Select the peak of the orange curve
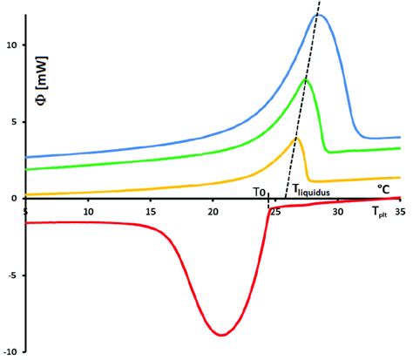click(x=296, y=138)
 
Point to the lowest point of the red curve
click(x=223, y=335)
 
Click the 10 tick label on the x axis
click(x=88, y=211)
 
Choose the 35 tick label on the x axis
click(x=400, y=211)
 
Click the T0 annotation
click(x=259, y=191)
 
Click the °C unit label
click(x=383, y=188)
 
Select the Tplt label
click(x=381, y=211)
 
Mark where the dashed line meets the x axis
click(x=285, y=198)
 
